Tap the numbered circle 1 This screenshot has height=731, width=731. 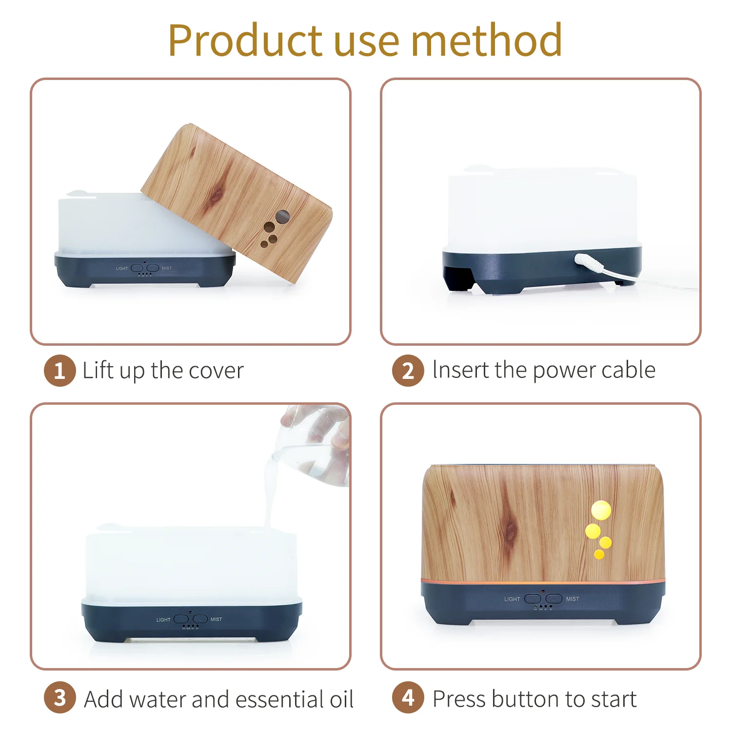pyautogui.click(x=59, y=371)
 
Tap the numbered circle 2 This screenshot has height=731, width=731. pyautogui.click(x=408, y=371)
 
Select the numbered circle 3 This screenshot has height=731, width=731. pyautogui.click(x=59, y=698)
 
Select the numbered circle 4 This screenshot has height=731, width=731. pyautogui.click(x=408, y=698)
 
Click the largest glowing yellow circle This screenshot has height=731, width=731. pyautogui.click(x=601, y=510)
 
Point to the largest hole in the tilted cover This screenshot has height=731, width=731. pyautogui.click(x=282, y=216)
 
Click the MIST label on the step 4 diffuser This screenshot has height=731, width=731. pyautogui.click(x=573, y=599)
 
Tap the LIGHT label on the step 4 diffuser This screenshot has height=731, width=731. pyautogui.click(x=512, y=599)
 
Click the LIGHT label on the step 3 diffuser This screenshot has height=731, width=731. pyautogui.click(x=163, y=620)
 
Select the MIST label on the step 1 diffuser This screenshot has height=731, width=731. pyautogui.click(x=167, y=268)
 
